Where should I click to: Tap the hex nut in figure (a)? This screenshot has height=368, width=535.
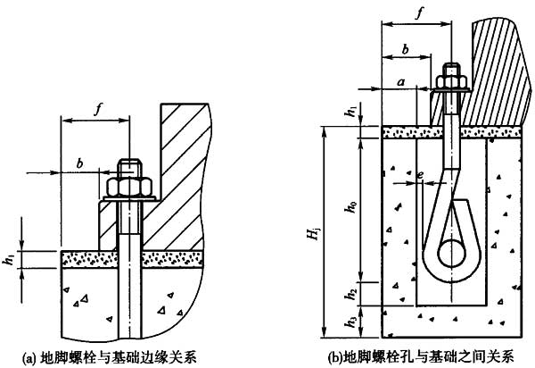point(129,186)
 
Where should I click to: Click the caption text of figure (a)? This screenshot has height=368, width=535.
point(126,356)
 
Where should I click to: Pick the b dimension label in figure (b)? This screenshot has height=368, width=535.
point(407,51)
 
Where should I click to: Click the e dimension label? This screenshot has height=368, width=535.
point(420,175)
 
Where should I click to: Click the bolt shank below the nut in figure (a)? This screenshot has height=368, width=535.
point(129,268)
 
